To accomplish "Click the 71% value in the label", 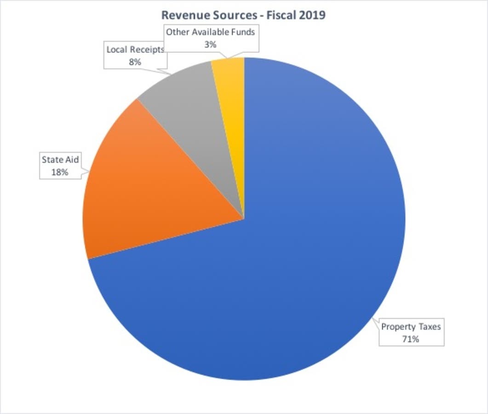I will [411, 339].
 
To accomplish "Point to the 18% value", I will [60, 172].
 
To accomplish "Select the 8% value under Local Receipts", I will [135, 62].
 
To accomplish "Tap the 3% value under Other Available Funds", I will [211, 44].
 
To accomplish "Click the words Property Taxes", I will [411, 327].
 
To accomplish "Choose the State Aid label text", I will [60, 161].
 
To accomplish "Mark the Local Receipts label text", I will [135, 50].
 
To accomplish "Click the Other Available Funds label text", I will [211, 32].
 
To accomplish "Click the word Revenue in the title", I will [182, 15].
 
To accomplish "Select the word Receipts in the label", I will [148, 50].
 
